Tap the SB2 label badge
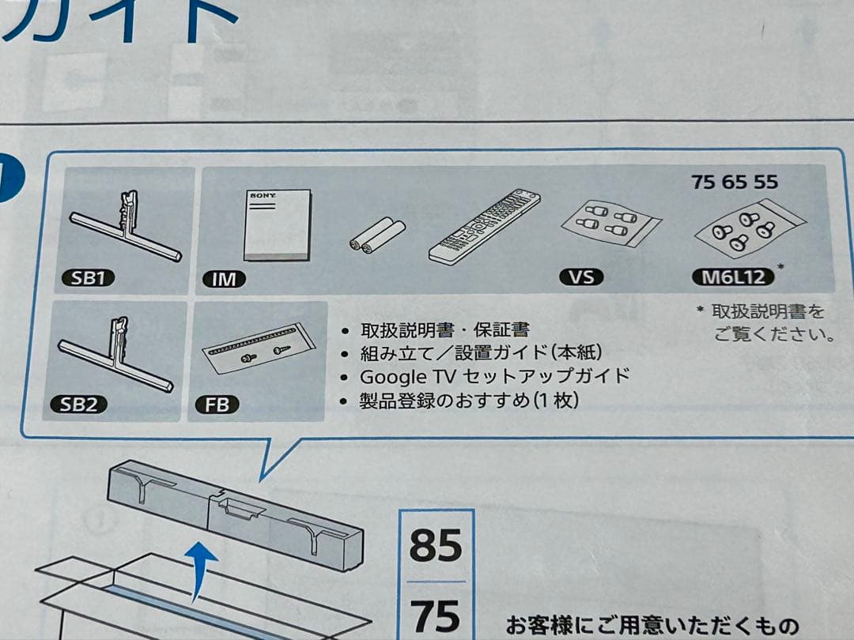(x=84, y=405)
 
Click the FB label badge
(x=217, y=405)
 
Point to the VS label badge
(x=580, y=277)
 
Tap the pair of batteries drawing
(x=377, y=236)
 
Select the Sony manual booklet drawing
(x=276, y=224)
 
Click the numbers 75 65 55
(x=734, y=182)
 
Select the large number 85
(x=436, y=546)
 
